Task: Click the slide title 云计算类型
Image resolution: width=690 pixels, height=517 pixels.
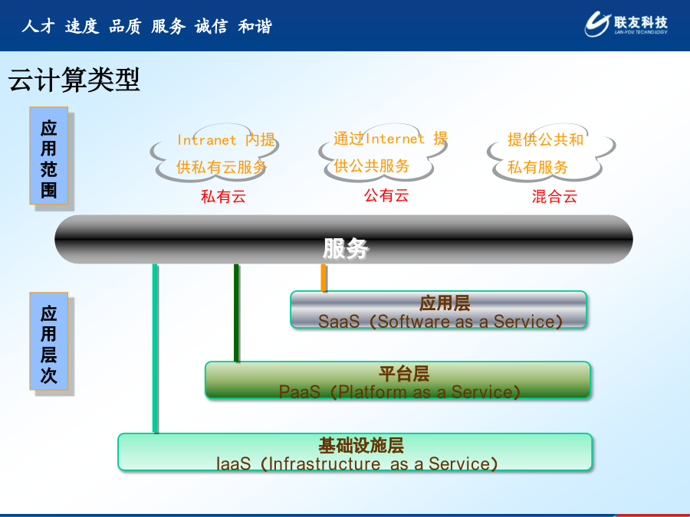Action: [74, 80]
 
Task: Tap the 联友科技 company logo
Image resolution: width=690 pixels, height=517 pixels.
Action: [626, 24]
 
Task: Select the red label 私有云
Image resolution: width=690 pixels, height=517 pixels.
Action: [223, 196]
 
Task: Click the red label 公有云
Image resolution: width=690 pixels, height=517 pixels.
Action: [386, 195]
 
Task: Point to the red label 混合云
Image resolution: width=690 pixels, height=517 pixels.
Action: [554, 196]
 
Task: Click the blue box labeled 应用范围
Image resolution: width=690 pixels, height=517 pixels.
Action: [49, 155]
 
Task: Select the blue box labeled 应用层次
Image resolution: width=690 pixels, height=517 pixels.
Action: [49, 341]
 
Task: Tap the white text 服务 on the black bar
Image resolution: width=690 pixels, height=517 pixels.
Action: [346, 249]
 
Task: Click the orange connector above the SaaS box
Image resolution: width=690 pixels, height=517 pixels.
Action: [324, 277]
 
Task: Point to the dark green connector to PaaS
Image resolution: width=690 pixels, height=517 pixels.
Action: [236, 312]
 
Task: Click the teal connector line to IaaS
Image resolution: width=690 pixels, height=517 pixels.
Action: [155, 348]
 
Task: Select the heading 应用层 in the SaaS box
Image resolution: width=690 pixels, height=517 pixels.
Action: [445, 303]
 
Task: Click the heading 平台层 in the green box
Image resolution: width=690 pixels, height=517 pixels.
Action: [404, 374]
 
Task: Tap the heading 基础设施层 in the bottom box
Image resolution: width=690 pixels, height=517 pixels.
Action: [361, 445]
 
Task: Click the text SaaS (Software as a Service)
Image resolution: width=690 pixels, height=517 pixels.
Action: [441, 322]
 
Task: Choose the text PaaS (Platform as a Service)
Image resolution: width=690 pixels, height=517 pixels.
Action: [399, 391]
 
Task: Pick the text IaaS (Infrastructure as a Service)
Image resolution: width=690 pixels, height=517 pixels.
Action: [356, 464]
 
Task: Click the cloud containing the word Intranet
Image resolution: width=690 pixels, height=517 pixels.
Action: [215, 152]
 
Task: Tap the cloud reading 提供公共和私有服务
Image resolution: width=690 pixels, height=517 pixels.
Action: [551, 152]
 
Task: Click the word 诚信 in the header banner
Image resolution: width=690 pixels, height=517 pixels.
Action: [212, 26]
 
